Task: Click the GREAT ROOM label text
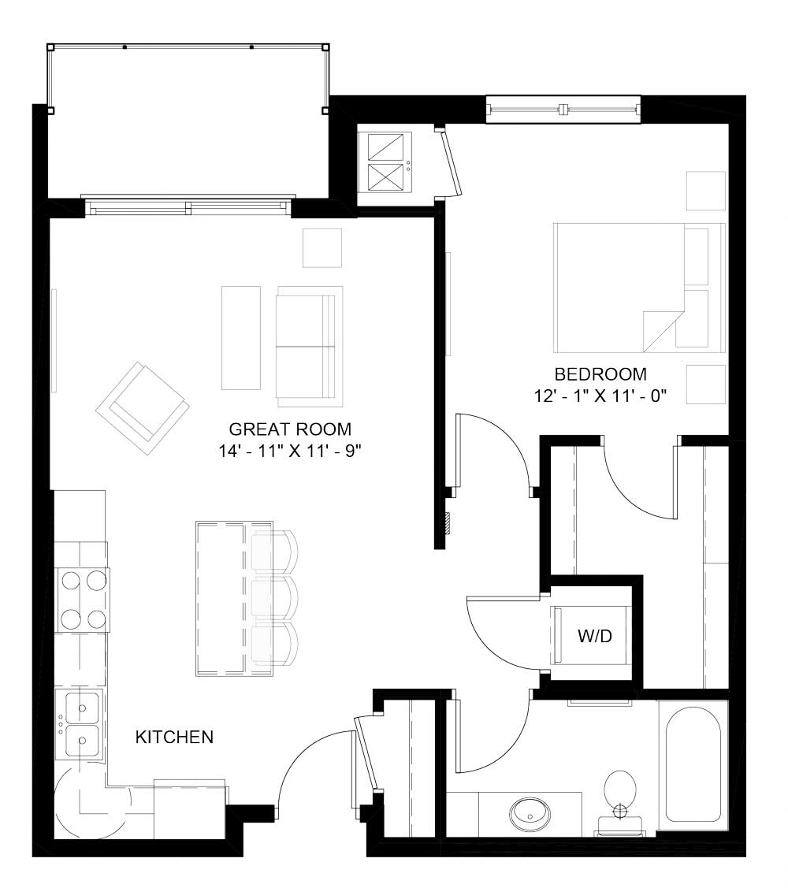289,429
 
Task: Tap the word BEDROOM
600,374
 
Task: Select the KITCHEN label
174,738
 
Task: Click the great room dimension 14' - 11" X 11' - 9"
290,452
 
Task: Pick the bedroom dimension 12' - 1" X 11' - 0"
600,396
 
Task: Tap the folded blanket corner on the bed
660,329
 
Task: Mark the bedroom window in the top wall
563,110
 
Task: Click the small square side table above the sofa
322,247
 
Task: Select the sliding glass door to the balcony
188,208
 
